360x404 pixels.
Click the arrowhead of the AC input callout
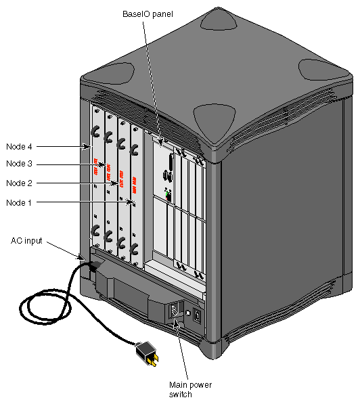[x=84, y=258]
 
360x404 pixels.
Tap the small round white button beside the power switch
[x=187, y=314]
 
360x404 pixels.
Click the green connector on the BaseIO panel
[x=168, y=194]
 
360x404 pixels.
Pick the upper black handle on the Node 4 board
[x=96, y=129]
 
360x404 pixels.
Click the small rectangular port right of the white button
[x=197, y=315]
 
